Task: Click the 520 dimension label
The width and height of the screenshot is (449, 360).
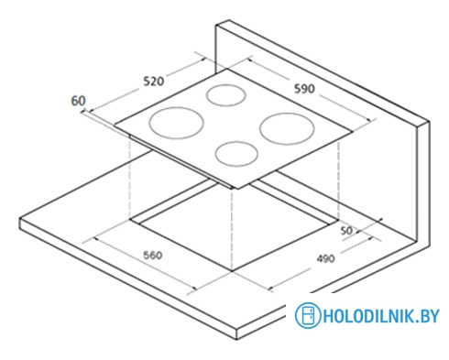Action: [154, 82]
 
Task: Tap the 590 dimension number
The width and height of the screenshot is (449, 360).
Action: [304, 89]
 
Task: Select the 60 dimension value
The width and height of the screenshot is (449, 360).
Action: [78, 101]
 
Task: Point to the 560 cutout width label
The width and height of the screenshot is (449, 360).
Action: [153, 255]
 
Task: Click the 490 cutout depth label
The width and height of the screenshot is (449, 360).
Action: [325, 258]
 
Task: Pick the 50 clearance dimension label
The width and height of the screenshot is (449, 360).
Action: [346, 231]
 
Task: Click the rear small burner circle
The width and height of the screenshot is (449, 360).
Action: [226, 85]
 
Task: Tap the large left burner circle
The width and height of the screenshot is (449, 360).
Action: [176, 107]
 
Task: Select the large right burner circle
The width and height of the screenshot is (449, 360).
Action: [287, 114]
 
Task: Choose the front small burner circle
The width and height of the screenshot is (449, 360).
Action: [236, 142]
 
